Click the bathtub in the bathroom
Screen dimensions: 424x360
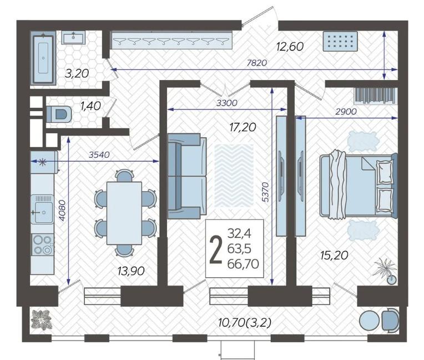click(x=43, y=58)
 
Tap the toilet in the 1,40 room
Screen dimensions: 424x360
click(x=59, y=114)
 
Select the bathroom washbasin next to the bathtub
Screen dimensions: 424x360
click(x=73, y=37)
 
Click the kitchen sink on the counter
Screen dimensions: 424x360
click(x=42, y=209)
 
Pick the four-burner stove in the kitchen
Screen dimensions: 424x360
click(x=43, y=244)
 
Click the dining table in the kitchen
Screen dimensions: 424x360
click(x=124, y=213)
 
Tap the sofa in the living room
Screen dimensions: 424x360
click(x=187, y=176)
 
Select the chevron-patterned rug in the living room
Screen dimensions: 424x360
click(x=234, y=176)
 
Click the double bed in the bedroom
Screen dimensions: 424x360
click(x=359, y=186)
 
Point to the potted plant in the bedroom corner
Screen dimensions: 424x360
click(x=387, y=271)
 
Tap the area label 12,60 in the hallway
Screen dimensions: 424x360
click(x=290, y=47)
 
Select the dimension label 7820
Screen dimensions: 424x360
click(x=256, y=63)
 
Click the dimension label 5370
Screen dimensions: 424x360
click(x=265, y=192)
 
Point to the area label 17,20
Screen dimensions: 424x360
click(x=243, y=127)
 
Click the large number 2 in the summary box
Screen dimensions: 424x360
click(x=216, y=249)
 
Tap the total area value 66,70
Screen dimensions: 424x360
click(x=243, y=264)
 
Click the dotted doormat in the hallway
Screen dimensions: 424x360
click(x=340, y=42)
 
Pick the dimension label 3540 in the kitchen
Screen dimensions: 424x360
click(x=99, y=154)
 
